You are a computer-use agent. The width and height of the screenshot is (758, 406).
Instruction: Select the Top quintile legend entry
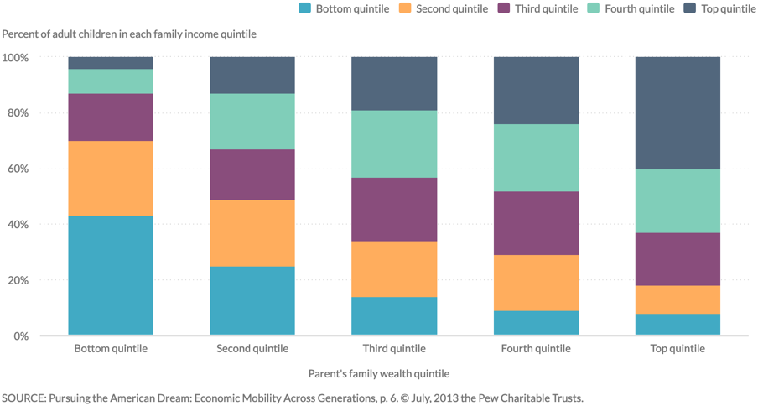pyautogui.click(x=719, y=9)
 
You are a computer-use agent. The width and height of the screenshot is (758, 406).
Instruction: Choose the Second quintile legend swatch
pyautogui.click(x=404, y=9)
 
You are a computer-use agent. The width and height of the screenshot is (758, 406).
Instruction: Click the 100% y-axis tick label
pyautogui.click(x=15, y=58)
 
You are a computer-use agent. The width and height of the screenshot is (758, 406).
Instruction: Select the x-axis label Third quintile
pyautogui.click(x=394, y=349)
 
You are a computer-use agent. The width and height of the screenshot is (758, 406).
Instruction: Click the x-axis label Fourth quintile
pyautogui.click(x=536, y=349)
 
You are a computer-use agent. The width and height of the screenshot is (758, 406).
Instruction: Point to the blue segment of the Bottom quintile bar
pyautogui.click(x=111, y=276)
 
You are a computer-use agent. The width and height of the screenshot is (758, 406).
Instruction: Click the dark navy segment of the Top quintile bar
pyautogui.click(x=678, y=113)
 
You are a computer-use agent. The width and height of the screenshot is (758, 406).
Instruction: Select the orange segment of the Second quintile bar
pyautogui.click(x=252, y=233)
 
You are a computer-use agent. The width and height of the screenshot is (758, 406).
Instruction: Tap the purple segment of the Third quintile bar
pyautogui.click(x=394, y=210)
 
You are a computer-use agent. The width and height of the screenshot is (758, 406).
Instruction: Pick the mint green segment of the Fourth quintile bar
pyautogui.click(x=536, y=158)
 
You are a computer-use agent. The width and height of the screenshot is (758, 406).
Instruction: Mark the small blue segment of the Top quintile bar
pyautogui.click(x=678, y=325)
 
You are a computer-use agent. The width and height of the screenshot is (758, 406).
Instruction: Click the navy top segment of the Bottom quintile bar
pyautogui.click(x=111, y=63)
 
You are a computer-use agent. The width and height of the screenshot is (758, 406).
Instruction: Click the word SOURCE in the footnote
pyautogui.click(x=25, y=398)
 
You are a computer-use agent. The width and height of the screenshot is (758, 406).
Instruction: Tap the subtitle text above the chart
pyautogui.click(x=129, y=34)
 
